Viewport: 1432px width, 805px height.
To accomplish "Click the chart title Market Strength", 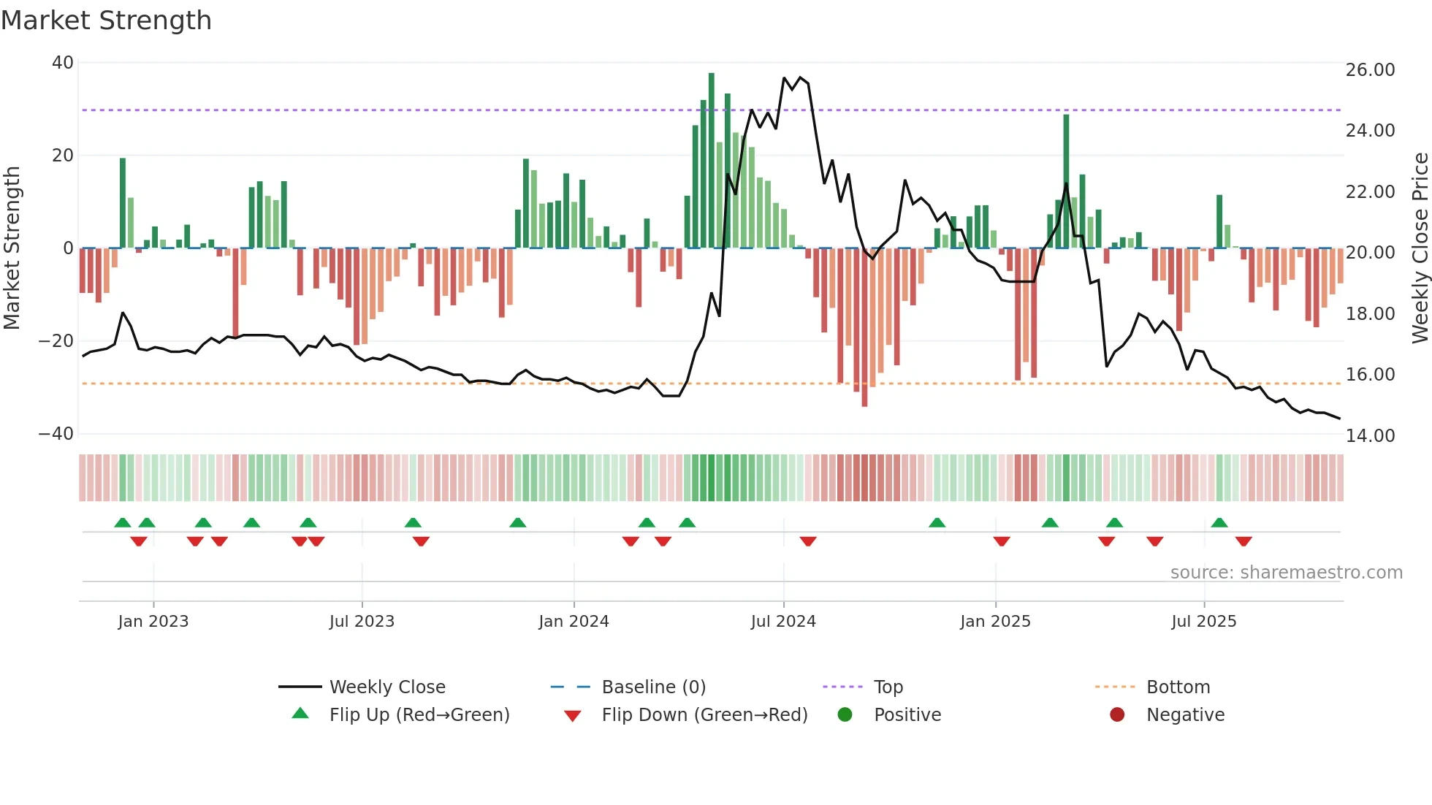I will [x=106, y=20].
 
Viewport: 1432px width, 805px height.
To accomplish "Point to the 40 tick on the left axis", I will [x=63, y=63].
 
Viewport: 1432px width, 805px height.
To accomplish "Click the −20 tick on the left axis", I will [x=56, y=341].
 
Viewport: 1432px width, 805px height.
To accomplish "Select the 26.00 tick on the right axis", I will [x=1370, y=70].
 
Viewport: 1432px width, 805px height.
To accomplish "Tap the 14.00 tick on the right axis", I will [x=1370, y=436].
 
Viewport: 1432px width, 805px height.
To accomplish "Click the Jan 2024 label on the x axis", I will [x=574, y=622].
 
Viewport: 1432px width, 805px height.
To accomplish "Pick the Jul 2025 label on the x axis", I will [x=1203, y=622].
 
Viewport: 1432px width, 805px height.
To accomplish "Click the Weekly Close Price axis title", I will [x=1420, y=248].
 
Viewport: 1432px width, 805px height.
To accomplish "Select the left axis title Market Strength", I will [x=12, y=248].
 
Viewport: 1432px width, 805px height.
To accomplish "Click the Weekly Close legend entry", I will [x=387, y=687].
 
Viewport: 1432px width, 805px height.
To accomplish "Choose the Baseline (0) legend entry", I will [x=653, y=687].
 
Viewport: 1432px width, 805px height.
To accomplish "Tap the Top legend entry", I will [x=888, y=687].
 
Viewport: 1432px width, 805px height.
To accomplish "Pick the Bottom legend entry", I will [x=1178, y=687].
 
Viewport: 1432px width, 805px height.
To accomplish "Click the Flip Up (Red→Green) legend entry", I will [x=419, y=715].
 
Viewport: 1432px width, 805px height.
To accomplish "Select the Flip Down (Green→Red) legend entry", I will [x=704, y=715].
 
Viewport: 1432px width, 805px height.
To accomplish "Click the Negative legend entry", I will [x=1185, y=715].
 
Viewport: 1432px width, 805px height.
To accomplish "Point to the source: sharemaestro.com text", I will [x=1286, y=573].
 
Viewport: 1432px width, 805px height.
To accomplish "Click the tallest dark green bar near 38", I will [x=712, y=161].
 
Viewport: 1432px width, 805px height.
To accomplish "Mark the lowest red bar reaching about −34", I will [x=864, y=329].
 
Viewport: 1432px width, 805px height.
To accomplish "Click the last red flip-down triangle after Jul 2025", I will [x=1244, y=541].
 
